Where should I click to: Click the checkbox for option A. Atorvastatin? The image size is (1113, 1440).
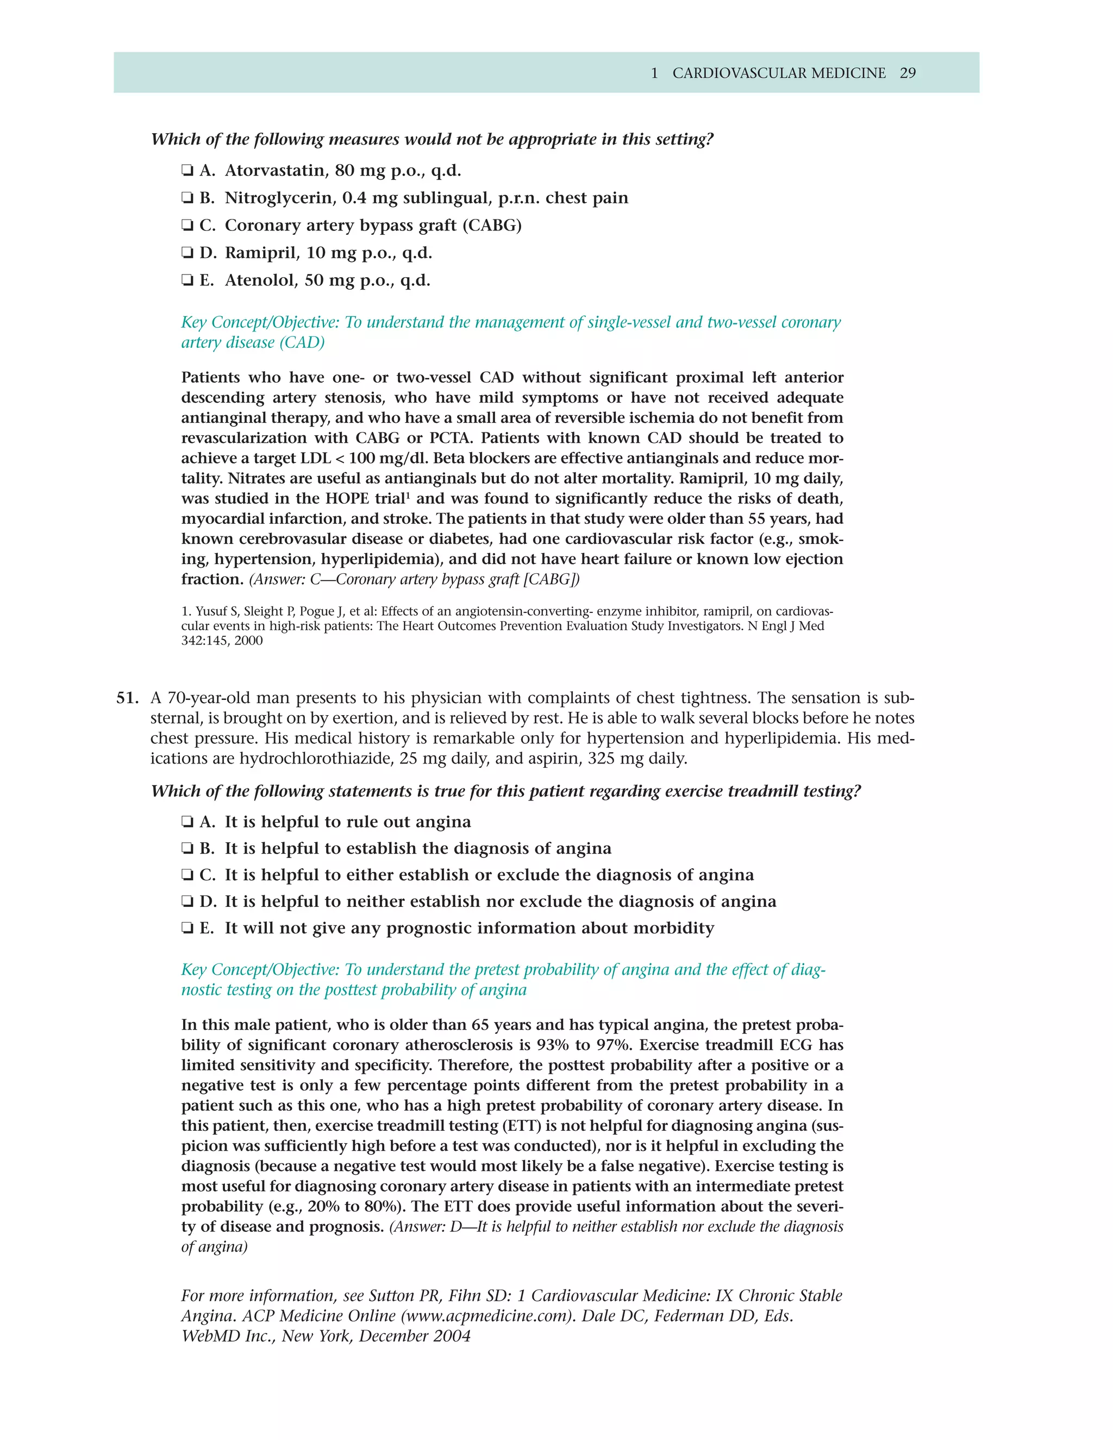pyautogui.click(x=187, y=171)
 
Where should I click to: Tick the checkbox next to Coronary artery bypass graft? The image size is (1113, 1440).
pyautogui.click(x=187, y=226)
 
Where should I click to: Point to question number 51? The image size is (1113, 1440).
pyautogui.click(x=127, y=698)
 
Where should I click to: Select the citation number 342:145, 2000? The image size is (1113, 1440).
pyautogui.click(x=222, y=641)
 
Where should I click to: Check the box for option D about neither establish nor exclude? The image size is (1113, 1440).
pyautogui.click(x=187, y=902)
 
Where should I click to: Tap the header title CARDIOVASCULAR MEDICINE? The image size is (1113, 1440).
pyautogui.click(x=779, y=73)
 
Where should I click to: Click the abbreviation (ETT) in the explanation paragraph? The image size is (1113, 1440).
pyautogui.click(x=522, y=1126)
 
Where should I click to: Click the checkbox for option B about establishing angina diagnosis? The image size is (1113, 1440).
pyautogui.click(x=187, y=849)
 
